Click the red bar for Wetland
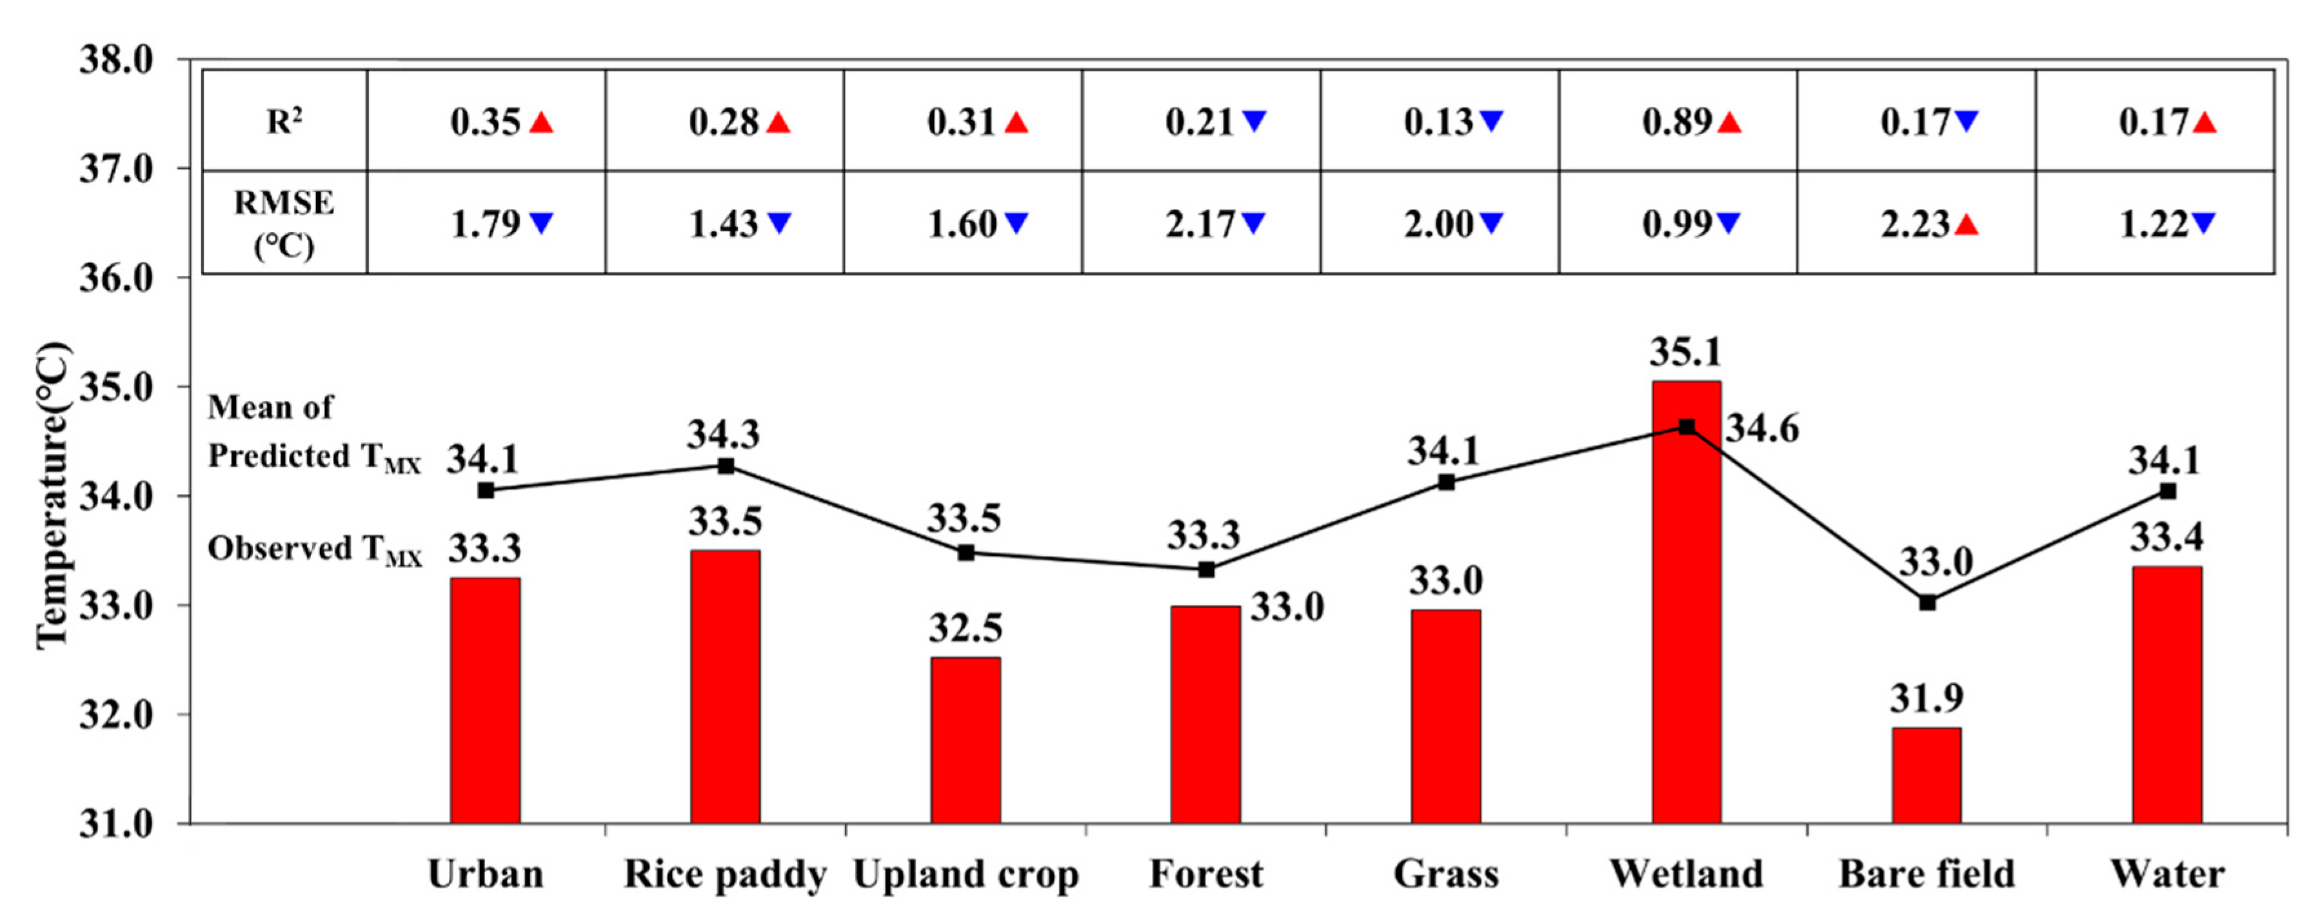pyautogui.click(x=1687, y=603)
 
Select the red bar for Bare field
pyautogui.click(x=1927, y=776)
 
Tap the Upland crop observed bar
pyautogui.click(x=966, y=740)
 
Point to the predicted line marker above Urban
pyautogui.click(x=486, y=490)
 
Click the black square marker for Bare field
pyautogui.click(x=1927, y=602)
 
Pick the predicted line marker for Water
pyautogui.click(x=2168, y=491)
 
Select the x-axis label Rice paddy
pyautogui.click(x=726, y=874)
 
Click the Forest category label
pyautogui.click(x=1206, y=874)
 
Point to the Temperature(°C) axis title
pyautogui.click(x=52, y=495)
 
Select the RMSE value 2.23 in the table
pyautogui.click(x=1915, y=224)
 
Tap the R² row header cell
pyautogui.click(x=284, y=121)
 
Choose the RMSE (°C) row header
pyautogui.click(x=284, y=223)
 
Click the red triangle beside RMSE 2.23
pyautogui.click(x=1967, y=224)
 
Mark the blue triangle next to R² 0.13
pyautogui.click(x=1491, y=121)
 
